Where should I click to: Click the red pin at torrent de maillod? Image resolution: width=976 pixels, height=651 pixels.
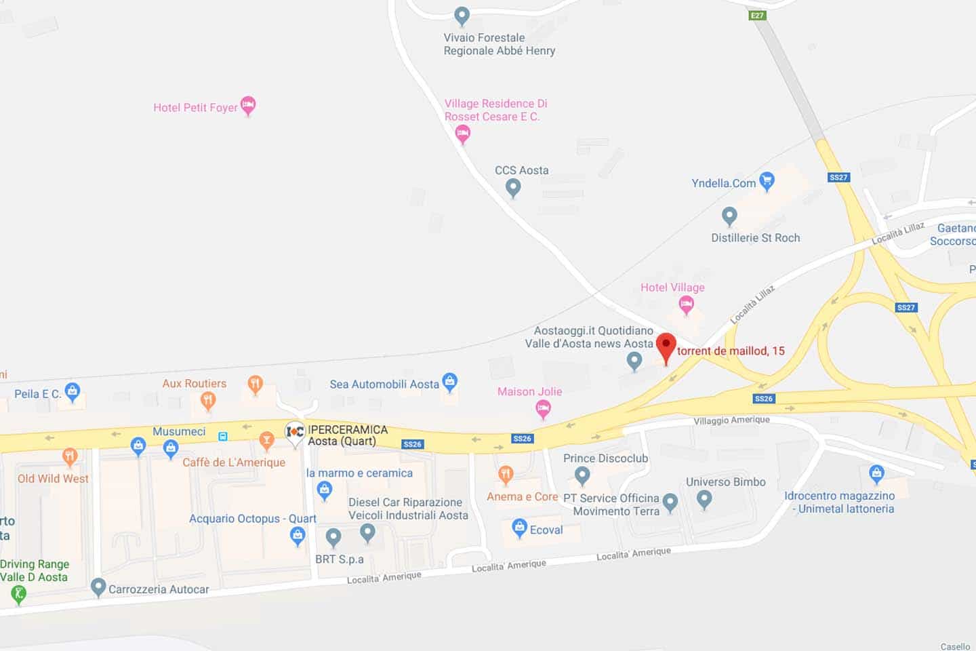click(666, 347)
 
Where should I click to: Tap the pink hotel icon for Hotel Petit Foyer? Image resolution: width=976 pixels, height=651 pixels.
click(248, 105)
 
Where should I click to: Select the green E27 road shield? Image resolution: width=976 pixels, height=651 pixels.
click(757, 15)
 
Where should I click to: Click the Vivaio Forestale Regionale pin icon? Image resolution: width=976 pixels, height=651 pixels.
click(462, 15)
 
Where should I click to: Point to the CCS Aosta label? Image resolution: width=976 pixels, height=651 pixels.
click(521, 170)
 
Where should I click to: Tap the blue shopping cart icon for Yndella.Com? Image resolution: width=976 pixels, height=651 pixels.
click(767, 180)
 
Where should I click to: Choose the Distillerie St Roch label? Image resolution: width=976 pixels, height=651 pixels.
click(755, 238)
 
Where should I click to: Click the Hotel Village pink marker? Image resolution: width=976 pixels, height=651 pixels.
click(686, 304)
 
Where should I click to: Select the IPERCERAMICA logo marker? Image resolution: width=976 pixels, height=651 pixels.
click(295, 432)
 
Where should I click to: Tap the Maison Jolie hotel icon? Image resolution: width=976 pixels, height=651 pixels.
click(543, 408)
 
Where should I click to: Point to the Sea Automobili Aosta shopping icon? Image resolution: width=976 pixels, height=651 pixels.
click(449, 382)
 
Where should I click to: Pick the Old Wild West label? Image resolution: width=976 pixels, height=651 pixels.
click(53, 479)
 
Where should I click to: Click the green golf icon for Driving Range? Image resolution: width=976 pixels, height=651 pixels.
click(18, 594)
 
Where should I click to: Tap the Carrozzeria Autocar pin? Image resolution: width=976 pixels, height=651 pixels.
click(98, 587)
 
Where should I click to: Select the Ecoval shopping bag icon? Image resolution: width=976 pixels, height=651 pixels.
click(519, 527)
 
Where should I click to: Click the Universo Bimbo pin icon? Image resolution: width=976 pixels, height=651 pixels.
click(704, 499)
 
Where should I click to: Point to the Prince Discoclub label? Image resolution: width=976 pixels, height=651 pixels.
click(605, 458)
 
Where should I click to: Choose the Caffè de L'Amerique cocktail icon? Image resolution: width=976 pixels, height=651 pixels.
click(266, 441)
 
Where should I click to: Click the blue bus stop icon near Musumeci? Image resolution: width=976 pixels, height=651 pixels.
click(223, 436)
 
